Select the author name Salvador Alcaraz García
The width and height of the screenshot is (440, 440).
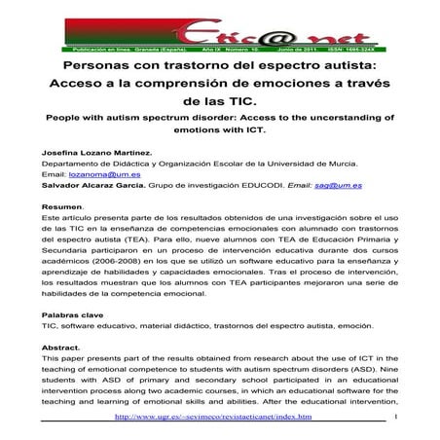101,183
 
